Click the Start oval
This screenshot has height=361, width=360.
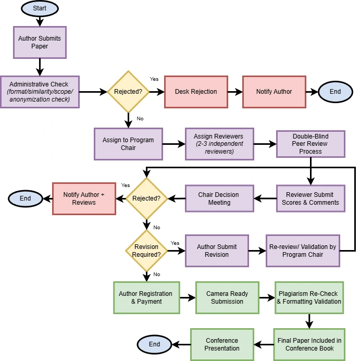coord(40,8)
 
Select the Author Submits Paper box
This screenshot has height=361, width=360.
coord(40,42)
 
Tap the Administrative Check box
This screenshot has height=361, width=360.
coord(40,92)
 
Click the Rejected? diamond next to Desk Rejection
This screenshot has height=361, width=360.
coord(128,92)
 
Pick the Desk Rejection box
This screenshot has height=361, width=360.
coord(196,92)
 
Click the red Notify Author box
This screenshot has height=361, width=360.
coord(274,92)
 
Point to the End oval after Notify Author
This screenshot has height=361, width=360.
coord(335,92)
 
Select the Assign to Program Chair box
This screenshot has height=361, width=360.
coord(128,144)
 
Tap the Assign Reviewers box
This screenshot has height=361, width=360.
coord(219,144)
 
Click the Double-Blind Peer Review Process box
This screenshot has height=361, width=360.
coord(311,144)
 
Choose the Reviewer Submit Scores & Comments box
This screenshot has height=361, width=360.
coord(311,198)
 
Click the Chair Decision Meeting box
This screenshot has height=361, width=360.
coord(219,198)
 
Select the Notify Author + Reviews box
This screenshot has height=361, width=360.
coord(84,198)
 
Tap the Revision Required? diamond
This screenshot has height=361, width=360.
coord(146,251)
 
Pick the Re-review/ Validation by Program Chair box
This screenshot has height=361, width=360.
coord(303,251)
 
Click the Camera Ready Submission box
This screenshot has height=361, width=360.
coord(227,297)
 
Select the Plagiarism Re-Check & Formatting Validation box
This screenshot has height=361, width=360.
coord(309,297)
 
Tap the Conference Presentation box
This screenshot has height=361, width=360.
coord(222,344)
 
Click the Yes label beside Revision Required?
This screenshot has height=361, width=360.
coord(175,243)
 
